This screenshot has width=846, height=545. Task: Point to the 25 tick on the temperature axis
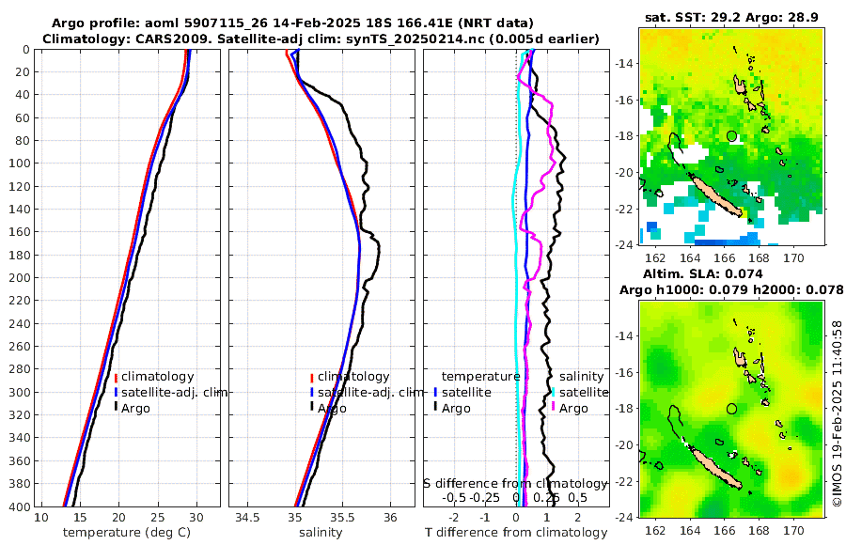click(157, 518)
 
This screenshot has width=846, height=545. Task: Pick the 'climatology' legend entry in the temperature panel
click(156, 377)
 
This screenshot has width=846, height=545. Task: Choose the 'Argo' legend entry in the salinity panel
click(332, 408)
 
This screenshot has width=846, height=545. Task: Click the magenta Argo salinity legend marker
click(554, 408)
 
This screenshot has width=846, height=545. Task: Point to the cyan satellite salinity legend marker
click(554, 392)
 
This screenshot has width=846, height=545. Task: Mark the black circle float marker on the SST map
click(732, 136)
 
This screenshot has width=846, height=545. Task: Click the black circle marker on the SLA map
click(732, 409)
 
